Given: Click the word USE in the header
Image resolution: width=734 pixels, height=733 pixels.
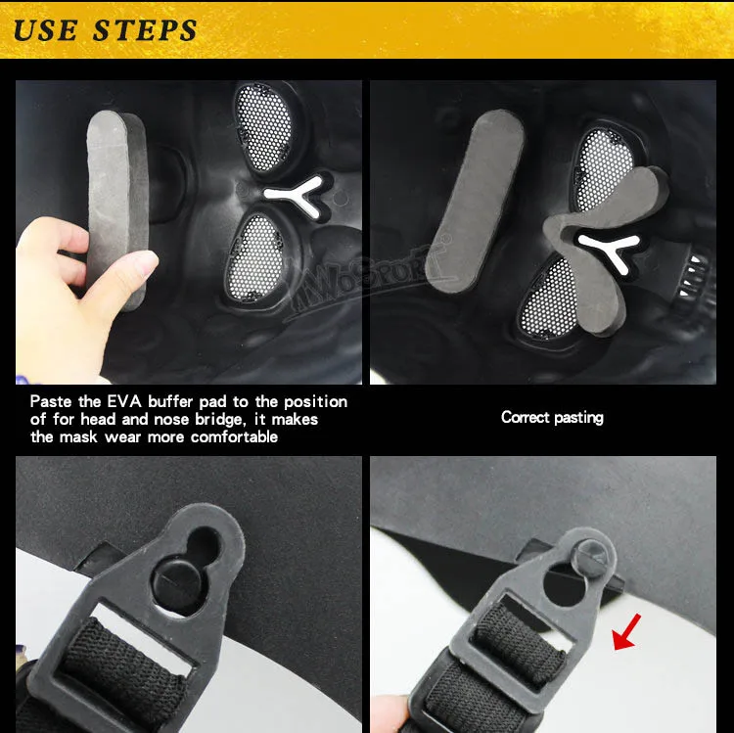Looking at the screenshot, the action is tap(45, 31).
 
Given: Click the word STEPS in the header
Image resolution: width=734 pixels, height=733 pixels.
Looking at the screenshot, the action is tap(145, 31).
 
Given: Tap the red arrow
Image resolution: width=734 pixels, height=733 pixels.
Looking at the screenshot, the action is tap(626, 632).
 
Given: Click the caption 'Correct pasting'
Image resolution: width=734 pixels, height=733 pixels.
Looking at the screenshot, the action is tap(552, 417).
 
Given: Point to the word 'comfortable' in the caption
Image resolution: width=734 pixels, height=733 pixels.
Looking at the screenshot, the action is tap(234, 436).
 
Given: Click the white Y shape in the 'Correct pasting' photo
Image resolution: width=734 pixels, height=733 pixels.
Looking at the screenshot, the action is tap(612, 249).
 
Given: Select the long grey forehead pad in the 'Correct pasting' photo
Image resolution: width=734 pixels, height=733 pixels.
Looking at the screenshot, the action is tap(475, 202).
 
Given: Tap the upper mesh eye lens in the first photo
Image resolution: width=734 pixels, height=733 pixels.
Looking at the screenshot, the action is tap(263, 128).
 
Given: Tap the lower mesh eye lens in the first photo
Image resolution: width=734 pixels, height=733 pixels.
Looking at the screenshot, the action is tap(255, 258).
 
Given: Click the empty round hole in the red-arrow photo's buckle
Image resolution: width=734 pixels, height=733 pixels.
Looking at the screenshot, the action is tap(563, 585).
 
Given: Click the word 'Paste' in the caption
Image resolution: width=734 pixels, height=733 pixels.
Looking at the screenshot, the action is tap(51, 401).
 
